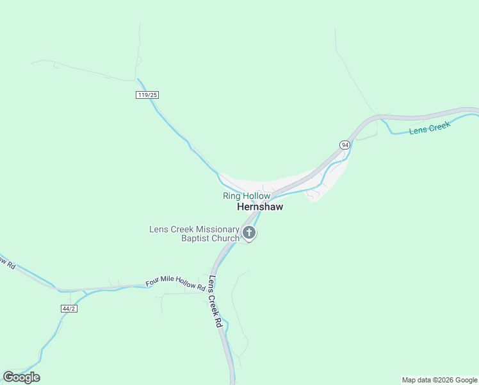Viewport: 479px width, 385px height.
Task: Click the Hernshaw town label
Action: click(260, 207)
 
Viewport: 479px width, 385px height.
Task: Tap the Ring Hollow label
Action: click(247, 196)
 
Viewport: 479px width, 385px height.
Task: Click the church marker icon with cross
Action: click(249, 233)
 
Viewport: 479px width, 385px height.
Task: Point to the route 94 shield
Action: click(345, 145)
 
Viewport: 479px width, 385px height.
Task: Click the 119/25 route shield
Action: click(147, 95)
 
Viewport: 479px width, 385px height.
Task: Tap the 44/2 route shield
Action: click(69, 309)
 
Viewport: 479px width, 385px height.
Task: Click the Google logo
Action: click(21, 377)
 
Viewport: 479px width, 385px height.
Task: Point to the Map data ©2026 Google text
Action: click(439, 380)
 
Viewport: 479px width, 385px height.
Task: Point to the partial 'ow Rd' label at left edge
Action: click(7, 262)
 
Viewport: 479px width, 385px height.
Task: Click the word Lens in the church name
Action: click(159, 229)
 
